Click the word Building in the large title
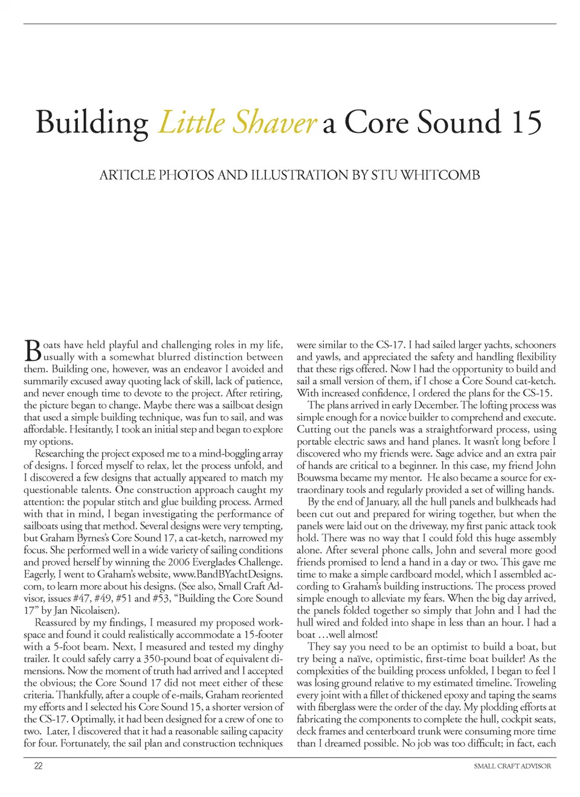click(92, 123)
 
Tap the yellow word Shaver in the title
click(274, 122)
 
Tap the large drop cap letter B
click(33, 351)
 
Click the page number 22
click(38, 766)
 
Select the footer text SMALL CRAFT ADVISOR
click(512, 766)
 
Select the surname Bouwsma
click(320, 478)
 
